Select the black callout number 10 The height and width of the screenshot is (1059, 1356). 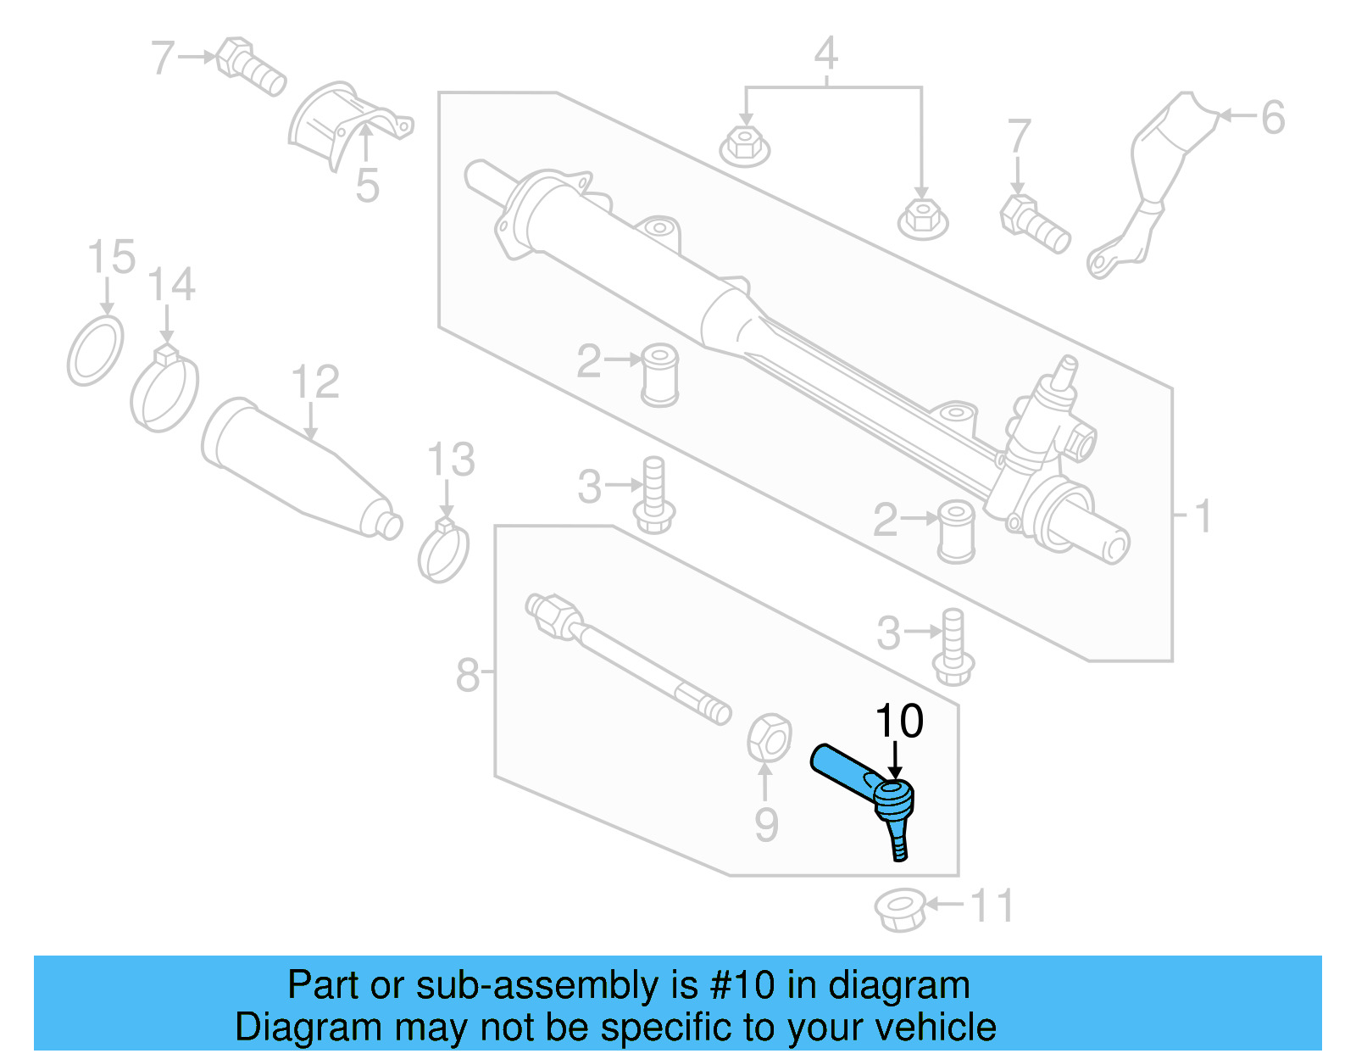coord(898,722)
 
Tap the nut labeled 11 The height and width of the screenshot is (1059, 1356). coord(899,910)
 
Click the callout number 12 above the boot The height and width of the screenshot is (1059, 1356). coord(314,382)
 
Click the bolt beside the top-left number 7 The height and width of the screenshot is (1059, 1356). coord(250,66)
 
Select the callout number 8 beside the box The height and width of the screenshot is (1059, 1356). coord(467,676)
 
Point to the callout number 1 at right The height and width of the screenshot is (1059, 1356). coord(1202,516)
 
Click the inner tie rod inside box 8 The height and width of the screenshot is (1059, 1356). coord(627,657)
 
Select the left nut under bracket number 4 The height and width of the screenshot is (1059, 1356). coord(744,147)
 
